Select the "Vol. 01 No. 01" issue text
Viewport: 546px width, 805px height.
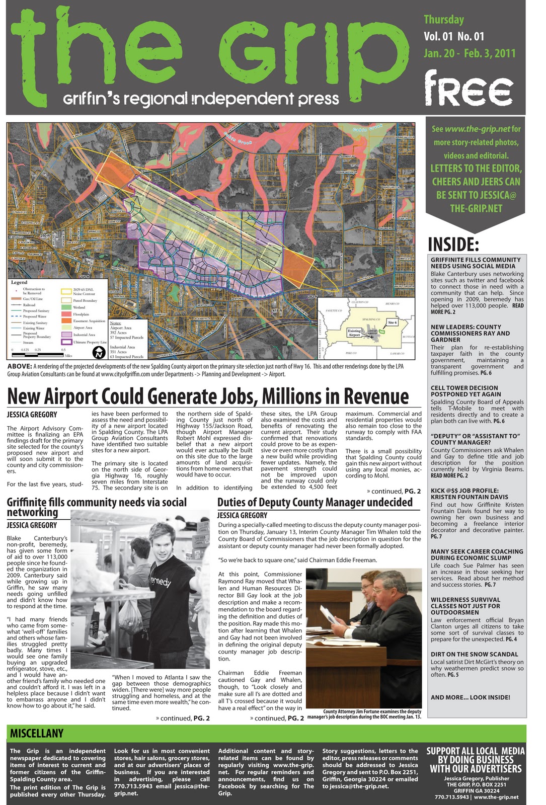pyautogui.click(x=453, y=36)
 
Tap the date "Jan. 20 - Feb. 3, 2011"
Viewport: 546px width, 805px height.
pyautogui.click(x=469, y=53)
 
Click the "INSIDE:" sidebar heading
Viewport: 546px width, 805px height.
pyautogui.click(x=453, y=245)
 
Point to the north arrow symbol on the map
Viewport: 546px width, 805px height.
pyautogui.click(x=100, y=352)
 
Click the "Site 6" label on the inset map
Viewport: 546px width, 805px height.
pyautogui.click(x=392, y=322)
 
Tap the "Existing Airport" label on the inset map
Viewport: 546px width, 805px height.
pyautogui.click(x=354, y=333)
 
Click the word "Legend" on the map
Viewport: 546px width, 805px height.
pyautogui.click(x=19, y=282)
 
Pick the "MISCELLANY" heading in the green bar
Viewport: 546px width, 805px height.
pyautogui.click(x=37, y=734)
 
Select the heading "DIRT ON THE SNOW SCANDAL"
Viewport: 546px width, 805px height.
pyautogui.click(x=474, y=654)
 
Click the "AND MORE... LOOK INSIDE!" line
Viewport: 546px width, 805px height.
pyautogui.click(x=470, y=697)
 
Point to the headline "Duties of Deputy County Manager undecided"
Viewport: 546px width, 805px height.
pyautogui.click(x=315, y=502)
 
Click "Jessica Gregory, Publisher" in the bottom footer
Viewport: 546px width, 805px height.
pyautogui.click(x=476, y=778)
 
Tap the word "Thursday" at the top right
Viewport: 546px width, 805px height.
pyautogui.click(x=443, y=20)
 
